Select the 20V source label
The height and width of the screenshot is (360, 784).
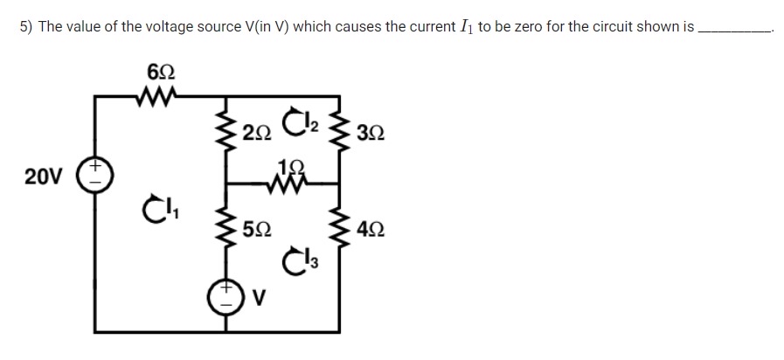[42, 177]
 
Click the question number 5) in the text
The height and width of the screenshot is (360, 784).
[26, 27]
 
